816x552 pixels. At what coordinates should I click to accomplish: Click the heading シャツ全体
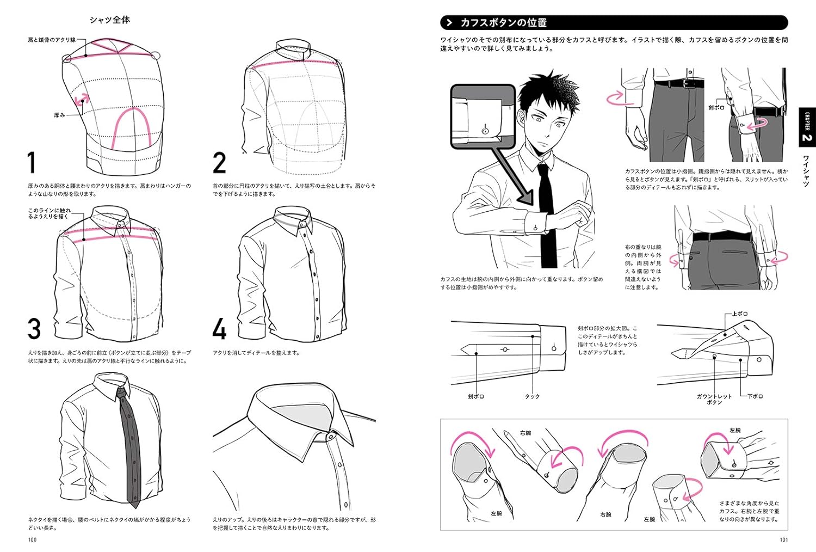coord(109,20)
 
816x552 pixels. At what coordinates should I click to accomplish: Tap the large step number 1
coord(32,163)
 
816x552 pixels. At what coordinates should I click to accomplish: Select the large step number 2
coord(219,163)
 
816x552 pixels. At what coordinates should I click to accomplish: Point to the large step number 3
coord(34,329)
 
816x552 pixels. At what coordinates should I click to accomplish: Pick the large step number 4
coord(219,329)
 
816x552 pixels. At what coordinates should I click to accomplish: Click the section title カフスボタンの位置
coord(503,23)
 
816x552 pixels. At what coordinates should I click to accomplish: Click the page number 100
coord(32,539)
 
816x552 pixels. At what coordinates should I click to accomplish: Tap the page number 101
coord(783,539)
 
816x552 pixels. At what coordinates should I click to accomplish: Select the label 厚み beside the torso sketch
coord(60,115)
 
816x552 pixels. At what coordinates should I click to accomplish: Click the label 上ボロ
coord(740,314)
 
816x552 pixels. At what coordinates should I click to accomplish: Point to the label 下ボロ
coord(755,396)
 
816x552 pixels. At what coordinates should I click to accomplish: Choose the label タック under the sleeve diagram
coord(532,396)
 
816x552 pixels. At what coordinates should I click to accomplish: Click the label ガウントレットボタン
coord(714,399)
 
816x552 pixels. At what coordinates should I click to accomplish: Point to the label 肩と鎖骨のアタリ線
coord(52,40)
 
